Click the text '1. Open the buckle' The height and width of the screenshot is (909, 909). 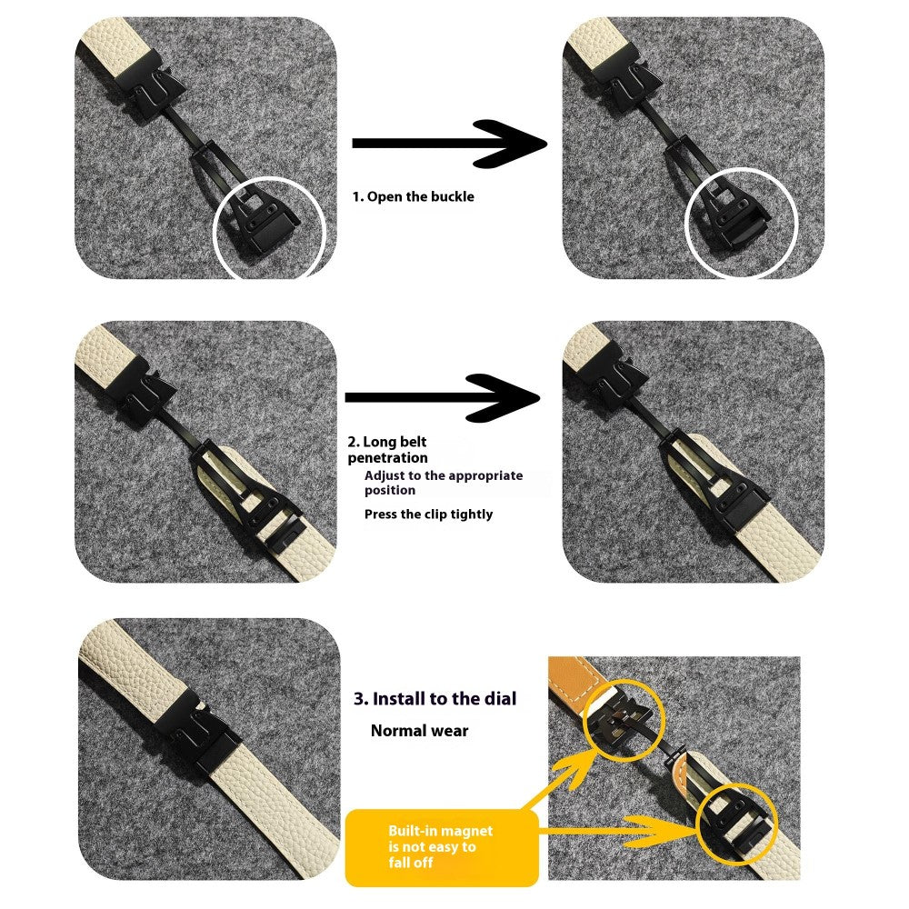[413, 197]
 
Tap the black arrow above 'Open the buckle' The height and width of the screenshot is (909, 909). [449, 144]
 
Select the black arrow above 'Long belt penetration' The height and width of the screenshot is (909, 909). [443, 398]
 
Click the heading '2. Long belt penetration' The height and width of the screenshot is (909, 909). [387, 450]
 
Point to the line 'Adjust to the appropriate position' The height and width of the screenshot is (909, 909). [444, 483]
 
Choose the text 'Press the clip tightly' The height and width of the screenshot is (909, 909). [428, 514]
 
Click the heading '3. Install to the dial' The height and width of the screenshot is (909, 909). [435, 698]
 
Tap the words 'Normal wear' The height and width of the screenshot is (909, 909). [419, 731]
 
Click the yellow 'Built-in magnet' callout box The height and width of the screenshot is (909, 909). [442, 847]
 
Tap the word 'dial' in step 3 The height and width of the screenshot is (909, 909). [500, 698]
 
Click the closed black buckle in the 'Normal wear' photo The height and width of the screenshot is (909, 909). [197, 732]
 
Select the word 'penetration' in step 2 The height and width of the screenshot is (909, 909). [387, 458]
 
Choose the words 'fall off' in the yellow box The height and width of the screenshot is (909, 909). [411, 863]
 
